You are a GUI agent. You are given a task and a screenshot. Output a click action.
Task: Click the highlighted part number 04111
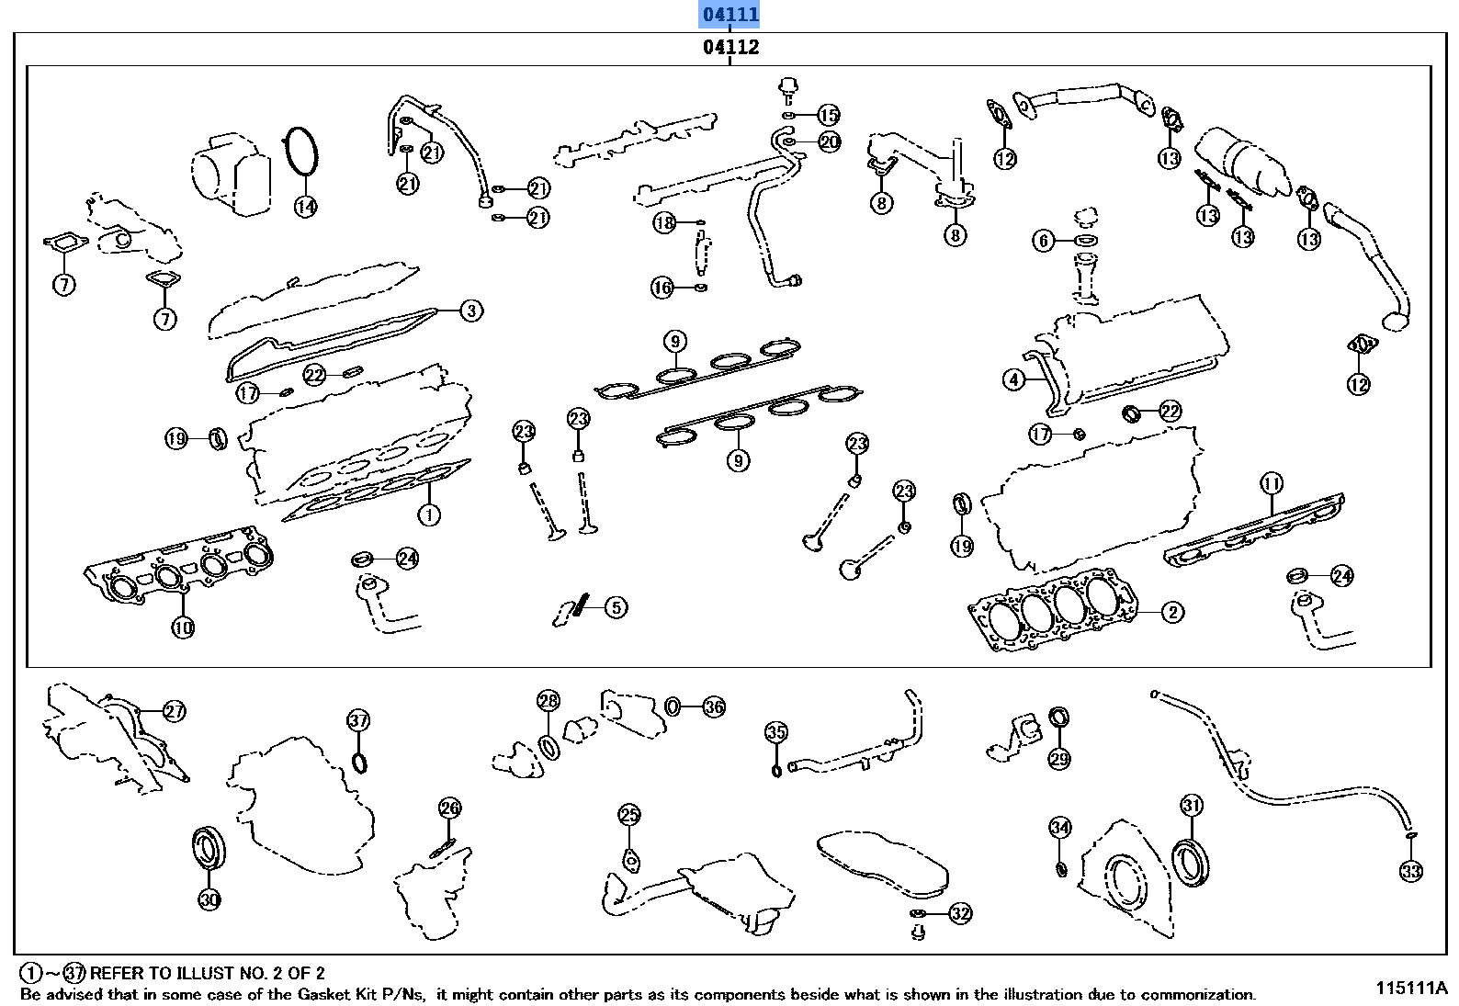point(729,14)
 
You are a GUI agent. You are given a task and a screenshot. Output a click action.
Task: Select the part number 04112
point(730,47)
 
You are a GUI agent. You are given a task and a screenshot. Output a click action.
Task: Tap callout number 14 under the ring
point(306,207)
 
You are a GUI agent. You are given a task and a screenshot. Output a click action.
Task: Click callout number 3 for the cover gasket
point(470,311)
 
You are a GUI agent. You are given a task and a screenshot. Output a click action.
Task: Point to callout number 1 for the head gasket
point(429,514)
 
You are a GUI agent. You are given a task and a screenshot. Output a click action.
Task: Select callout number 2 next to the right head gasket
point(1172,612)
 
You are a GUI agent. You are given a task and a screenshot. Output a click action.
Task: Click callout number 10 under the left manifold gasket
point(183,627)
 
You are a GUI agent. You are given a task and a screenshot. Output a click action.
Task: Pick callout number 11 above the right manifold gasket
point(1272,483)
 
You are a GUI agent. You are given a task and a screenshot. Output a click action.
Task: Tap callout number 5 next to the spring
point(616,607)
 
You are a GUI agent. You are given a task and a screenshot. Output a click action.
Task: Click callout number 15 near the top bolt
point(828,115)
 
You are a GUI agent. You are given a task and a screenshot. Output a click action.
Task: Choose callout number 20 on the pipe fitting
point(829,141)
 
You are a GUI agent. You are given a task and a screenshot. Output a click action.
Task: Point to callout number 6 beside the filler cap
point(1043,241)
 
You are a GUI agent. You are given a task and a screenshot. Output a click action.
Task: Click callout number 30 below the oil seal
point(209,899)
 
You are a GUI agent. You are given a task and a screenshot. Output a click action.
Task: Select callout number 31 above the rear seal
point(1192,805)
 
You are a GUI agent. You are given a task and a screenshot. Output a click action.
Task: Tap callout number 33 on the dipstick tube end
point(1411,871)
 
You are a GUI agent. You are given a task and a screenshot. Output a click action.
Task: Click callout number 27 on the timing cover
point(175,710)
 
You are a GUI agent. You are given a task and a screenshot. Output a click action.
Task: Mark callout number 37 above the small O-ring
point(358,720)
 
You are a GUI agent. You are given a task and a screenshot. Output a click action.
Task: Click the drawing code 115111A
point(1410,989)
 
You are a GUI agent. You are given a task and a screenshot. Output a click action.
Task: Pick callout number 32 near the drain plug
point(960,913)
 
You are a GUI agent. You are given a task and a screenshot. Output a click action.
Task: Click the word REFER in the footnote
point(117,973)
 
